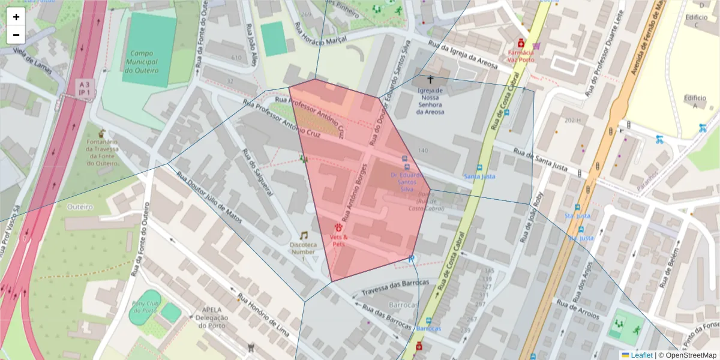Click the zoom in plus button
coord(16,17)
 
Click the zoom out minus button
coord(16,35)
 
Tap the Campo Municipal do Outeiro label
coord(141,62)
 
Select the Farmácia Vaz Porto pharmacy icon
coord(521,43)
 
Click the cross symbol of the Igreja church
coord(430,79)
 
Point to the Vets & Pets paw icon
coord(339,227)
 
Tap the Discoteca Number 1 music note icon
coord(304,235)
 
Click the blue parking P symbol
coord(411,259)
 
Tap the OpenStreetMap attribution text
coord(687,355)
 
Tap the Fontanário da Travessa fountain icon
coord(101,132)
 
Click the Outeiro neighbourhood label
coord(80,206)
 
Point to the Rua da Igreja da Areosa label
coord(462,55)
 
